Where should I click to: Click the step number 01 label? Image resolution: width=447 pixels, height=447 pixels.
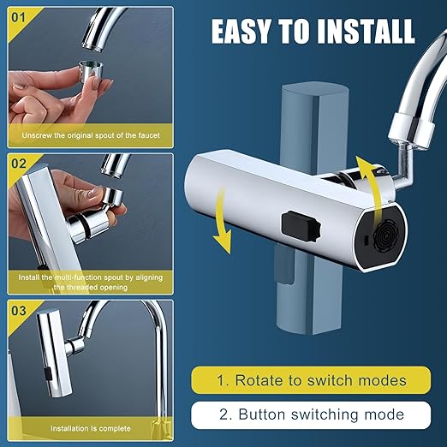pyautogui.click(x=18, y=18)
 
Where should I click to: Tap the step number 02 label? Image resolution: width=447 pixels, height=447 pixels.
pyautogui.click(x=19, y=164)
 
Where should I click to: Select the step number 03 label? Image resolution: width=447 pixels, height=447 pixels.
pyautogui.click(x=19, y=311)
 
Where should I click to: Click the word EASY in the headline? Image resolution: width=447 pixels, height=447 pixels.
pyautogui.click(x=241, y=31)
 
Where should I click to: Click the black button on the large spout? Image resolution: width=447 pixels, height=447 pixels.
pyautogui.click(x=301, y=226)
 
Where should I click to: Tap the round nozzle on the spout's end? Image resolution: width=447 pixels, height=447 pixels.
pyautogui.click(x=385, y=235)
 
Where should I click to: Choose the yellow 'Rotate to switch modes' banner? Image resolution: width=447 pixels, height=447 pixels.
pyautogui.click(x=311, y=380)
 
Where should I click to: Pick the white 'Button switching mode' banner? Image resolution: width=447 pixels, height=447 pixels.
pyautogui.click(x=311, y=414)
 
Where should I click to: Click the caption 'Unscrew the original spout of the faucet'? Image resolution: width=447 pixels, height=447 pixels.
pyautogui.click(x=91, y=135)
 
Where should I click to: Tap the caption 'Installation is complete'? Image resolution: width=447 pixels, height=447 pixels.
pyautogui.click(x=91, y=428)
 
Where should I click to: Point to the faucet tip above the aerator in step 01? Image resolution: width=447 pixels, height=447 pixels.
pyautogui.click(x=94, y=45)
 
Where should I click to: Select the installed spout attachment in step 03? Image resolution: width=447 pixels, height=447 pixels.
pyautogui.click(x=54, y=353)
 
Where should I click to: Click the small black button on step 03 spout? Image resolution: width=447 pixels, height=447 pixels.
pyautogui.click(x=48, y=373)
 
